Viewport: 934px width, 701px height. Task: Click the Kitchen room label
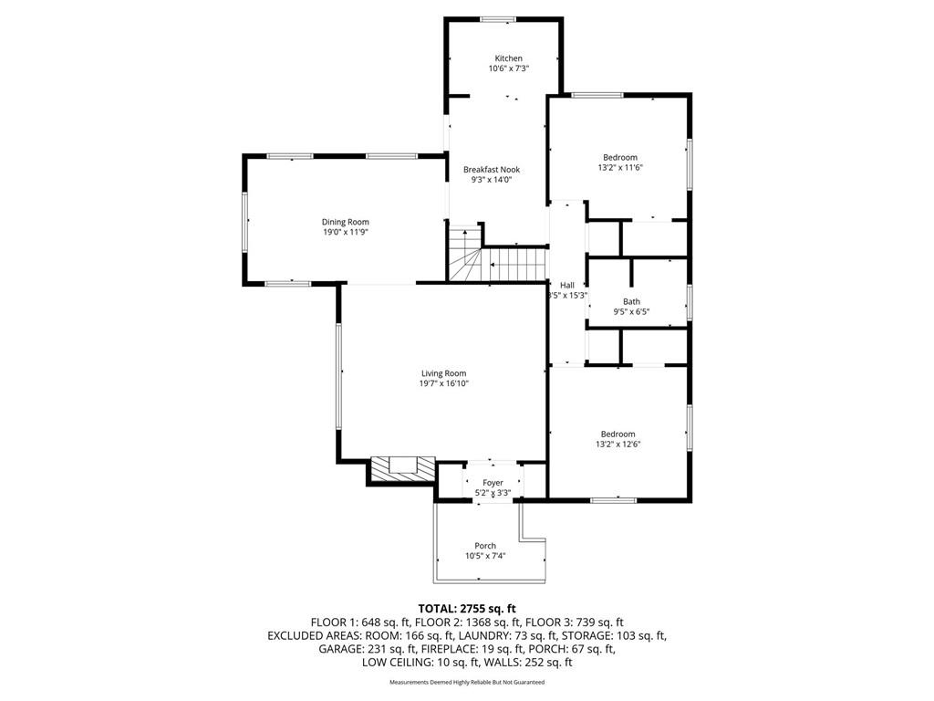509,58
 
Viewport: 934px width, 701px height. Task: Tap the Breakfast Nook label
492,169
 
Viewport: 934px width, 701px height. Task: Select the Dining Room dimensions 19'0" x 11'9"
346,233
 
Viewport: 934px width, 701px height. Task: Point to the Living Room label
444,373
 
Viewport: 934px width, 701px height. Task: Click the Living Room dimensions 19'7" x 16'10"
444,384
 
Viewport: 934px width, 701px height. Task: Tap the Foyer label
493,483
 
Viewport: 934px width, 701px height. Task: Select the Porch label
485,546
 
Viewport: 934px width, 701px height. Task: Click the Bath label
631,301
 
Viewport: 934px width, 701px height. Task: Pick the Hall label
567,286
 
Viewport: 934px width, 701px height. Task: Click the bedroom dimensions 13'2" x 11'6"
620,168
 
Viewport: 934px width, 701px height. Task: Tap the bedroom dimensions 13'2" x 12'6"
617,445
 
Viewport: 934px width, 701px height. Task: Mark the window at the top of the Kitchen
499,19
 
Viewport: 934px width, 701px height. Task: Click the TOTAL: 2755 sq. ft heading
467,609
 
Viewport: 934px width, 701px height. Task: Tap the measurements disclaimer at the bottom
467,682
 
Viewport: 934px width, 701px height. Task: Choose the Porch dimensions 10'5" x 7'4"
485,556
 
